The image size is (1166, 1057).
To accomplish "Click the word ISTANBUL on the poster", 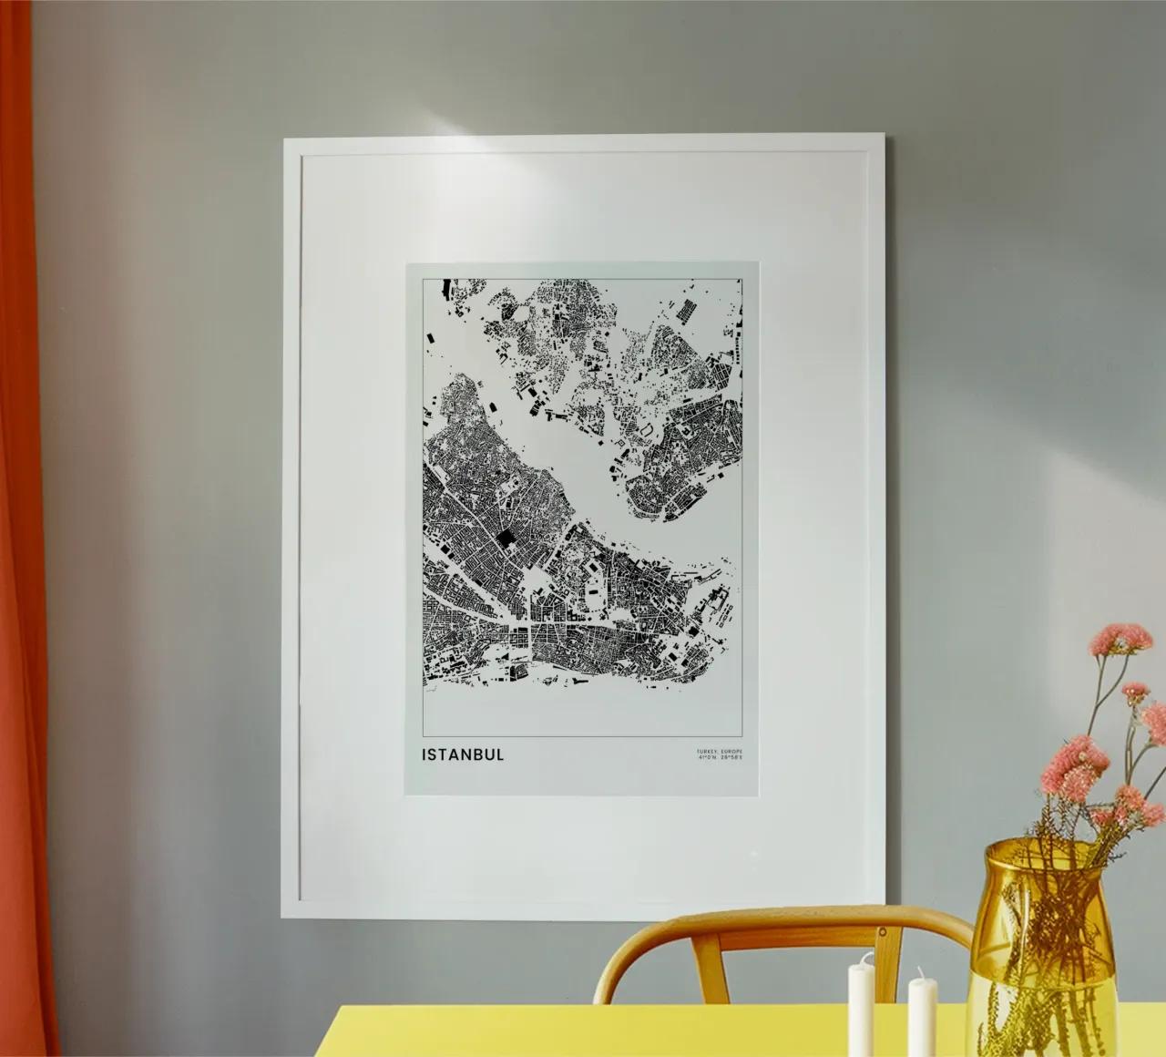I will (x=462, y=754).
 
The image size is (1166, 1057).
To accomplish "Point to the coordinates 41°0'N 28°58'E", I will (x=718, y=757).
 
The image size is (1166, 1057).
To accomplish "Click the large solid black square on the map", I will (x=505, y=540).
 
